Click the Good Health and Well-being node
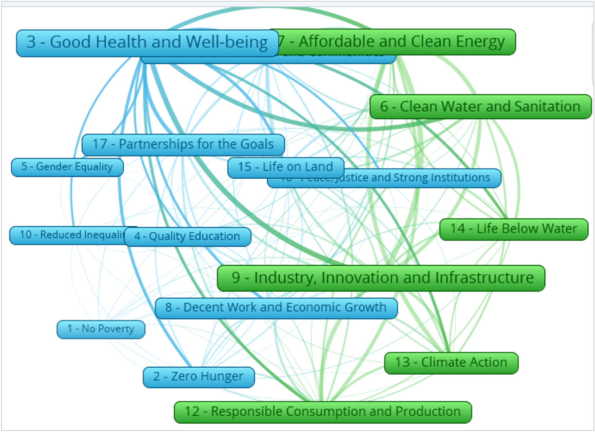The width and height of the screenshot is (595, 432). pyautogui.click(x=147, y=43)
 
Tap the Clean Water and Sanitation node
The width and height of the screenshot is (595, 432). pyautogui.click(x=480, y=107)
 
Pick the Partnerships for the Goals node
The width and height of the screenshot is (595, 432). pyautogui.click(x=183, y=144)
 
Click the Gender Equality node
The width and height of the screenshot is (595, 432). pyautogui.click(x=67, y=167)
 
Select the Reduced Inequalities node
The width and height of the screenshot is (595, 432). pyautogui.click(x=67, y=235)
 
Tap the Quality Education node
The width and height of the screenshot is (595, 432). pyautogui.click(x=187, y=236)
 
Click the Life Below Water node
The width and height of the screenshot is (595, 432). pyautogui.click(x=513, y=229)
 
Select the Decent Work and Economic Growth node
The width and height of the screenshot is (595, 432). pyautogui.click(x=276, y=308)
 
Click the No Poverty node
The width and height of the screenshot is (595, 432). pyautogui.click(x=101, y=329)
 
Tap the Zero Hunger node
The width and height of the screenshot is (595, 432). pyautogui.click(x=198, y=377)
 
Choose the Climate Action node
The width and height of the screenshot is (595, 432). pyautogui.click(x=451, y=362)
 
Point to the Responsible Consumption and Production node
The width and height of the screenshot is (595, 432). pyautogui.click(x=322, y=412)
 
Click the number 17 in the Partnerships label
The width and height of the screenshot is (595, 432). pyautogui.click(x=100, y=144)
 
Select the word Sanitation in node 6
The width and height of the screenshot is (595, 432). pyautogui.click(x=547, y=107)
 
